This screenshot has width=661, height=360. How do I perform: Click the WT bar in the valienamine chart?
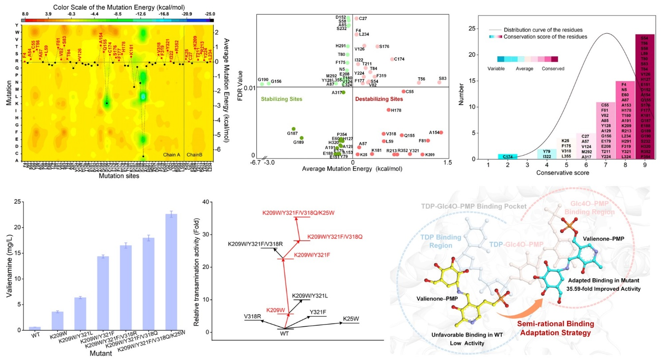pos(38,328)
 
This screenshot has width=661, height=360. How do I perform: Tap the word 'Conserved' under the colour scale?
pos(553,69)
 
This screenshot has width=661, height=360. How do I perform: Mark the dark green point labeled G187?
pos(293,129)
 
